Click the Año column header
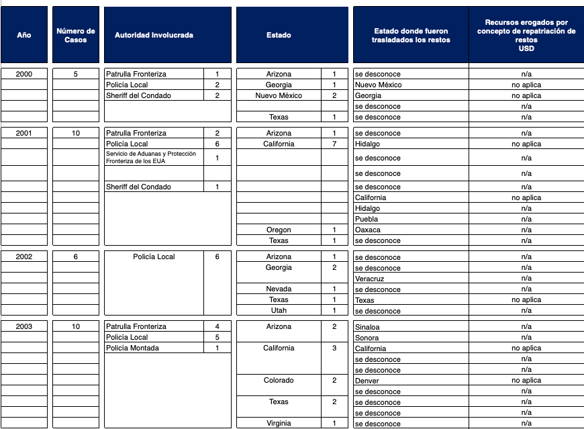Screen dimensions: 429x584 [x=24, y=35]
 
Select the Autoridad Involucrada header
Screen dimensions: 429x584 [x=154, y=35]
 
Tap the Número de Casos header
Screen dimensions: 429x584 [x=76, y=35]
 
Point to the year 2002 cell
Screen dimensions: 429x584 [x=24, y=256]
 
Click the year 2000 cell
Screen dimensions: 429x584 [x=24, y=74]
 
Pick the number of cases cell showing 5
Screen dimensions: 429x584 [x=76, y=74]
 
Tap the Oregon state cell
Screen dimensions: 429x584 [x=279, y=230]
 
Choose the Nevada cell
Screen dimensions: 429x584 [x=279, y=289]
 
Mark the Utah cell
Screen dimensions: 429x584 [x=279, y=310]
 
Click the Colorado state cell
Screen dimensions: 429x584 [x=279, y=380]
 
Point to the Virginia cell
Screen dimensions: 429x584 [x=279, y=423]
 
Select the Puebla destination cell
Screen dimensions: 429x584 [x=367, y=219]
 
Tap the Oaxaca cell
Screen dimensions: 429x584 [x=368, y=230]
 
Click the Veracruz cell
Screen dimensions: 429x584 [x=370, y=279]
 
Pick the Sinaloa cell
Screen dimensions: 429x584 [x=368, y=327]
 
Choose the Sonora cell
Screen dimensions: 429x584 [x=367, y=338]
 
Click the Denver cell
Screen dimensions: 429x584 [x=367, y=381]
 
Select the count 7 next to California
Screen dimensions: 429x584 [x=334, y=144]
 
